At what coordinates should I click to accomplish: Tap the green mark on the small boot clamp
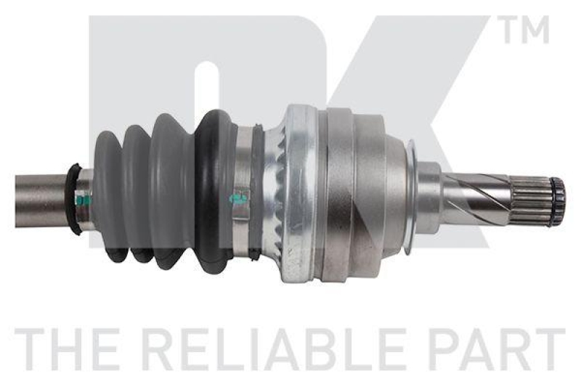coord(83,199)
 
